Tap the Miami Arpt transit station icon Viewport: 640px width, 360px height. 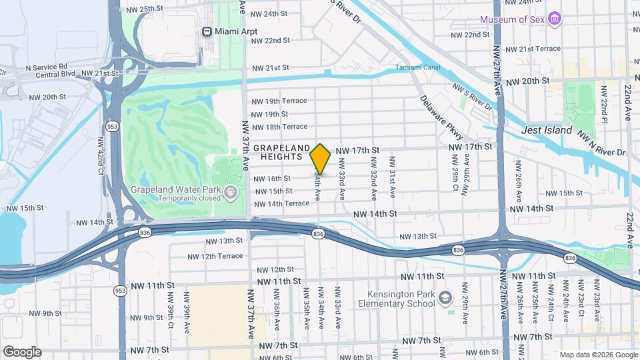click(x=207, y=31)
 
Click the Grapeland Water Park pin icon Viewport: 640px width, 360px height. click(x=231, y=193)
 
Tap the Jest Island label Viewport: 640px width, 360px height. click(x=547, y=131)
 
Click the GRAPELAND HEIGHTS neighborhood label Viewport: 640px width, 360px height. click(x=281, y=151)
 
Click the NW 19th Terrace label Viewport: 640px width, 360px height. click(x=279, y=101)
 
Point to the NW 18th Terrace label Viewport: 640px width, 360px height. click(x=279, y=127)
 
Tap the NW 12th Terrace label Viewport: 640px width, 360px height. click(x=215, y=256)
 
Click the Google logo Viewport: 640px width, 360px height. click(x=21, y=352)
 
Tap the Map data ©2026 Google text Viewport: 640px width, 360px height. click(x=598, y=355)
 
